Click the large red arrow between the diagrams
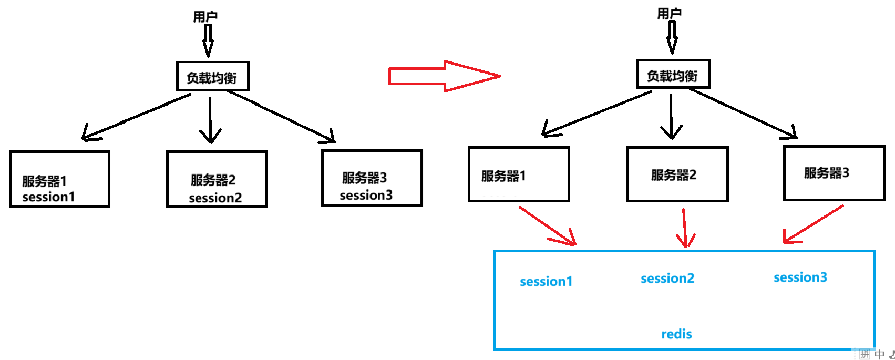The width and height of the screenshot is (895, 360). [444, 76]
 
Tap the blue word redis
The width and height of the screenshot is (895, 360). [676, 334]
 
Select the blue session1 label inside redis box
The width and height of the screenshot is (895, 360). [546, 282]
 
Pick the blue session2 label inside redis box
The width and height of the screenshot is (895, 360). [667, 279]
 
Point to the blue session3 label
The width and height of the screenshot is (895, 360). [800, 277]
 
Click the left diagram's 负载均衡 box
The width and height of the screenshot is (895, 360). [212, 77]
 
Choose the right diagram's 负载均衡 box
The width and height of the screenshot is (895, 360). [673, 75]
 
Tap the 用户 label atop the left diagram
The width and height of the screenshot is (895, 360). [205, 17]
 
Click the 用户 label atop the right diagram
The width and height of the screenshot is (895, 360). [669, 14]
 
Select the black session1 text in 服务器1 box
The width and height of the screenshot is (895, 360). [48, 197]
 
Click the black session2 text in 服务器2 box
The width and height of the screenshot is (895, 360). [215, 198]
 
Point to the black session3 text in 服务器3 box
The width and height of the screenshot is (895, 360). [366, 196]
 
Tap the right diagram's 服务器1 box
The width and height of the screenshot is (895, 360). [519, 174]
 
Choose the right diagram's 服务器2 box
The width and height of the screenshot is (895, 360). [677, 174]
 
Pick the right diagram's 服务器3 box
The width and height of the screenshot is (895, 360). [834, 173]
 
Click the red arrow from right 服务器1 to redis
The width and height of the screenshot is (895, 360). [548, 227]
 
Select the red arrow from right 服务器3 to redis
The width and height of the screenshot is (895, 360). [812, 224]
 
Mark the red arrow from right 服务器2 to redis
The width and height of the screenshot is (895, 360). [684, 228]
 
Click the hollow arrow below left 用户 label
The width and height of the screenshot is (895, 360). [208, 40]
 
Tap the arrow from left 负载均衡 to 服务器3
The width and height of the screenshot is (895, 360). [282, 117]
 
